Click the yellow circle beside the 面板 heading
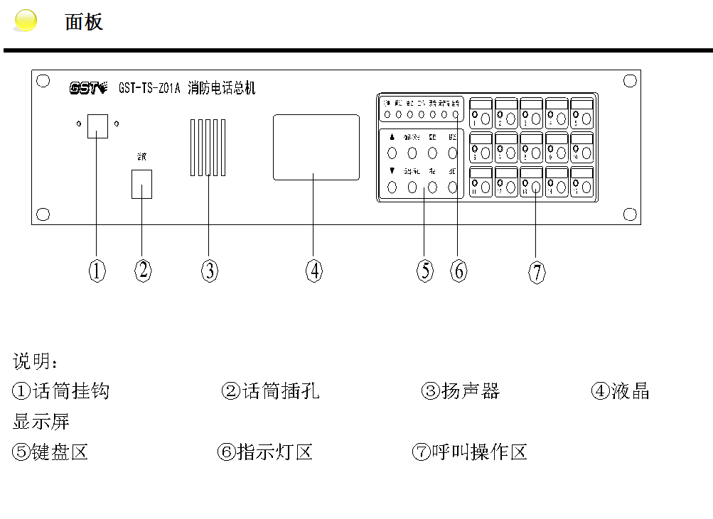[x=26, y=21]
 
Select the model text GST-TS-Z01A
[x=150, y=89]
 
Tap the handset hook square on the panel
[x=97, y=126]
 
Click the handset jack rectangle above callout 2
[x=142, y=184]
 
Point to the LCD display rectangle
[x=316, y=147]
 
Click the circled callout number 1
[x=97, y=270]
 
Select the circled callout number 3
[x=209, y=270]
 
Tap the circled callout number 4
[x=314, y=270]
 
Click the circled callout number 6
[x=459, y=270]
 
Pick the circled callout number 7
[x=537, y=271]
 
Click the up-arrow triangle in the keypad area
[x=392, y=136]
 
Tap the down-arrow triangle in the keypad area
[x=392, y=171]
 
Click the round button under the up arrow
[x=392, y=153]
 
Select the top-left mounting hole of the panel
[x=43, y=81]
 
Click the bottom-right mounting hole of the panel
[x=629, y=214]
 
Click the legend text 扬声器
[x=470, y=390]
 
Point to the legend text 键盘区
[x=60, y=452]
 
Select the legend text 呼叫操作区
[x=479, y=452]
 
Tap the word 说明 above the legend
[x=33, y=361]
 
